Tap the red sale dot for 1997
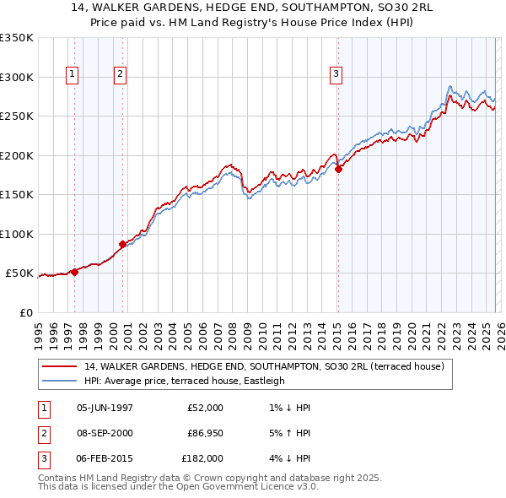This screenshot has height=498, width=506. click(x=74, y=272)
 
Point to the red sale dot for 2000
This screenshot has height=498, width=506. click(x=123, y=245)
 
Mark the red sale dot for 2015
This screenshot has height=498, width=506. click(x=338, y=169)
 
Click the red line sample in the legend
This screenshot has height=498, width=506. click(x=60, y=367)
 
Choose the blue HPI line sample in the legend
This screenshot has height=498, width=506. click(x=60, y=381)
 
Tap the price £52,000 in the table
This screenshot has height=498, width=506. click(x=205, y=408)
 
